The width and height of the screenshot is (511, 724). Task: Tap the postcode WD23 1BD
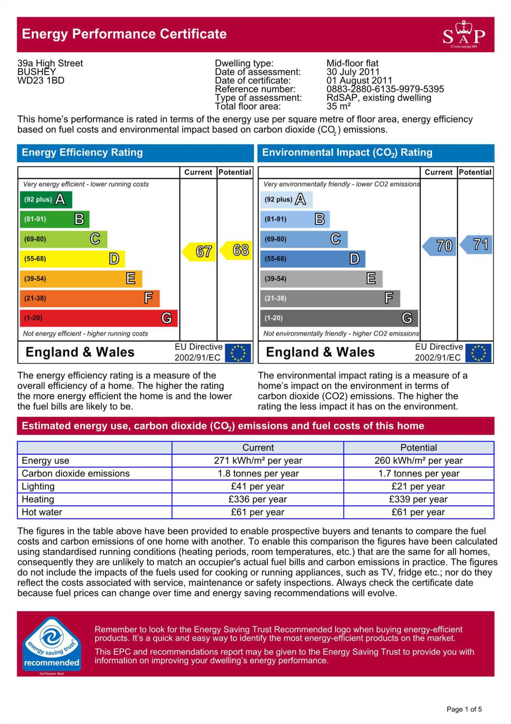tap(41, 81)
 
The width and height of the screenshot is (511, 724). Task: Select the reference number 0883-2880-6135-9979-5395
tap(385, 89)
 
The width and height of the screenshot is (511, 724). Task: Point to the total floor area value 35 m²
tap(339, 106)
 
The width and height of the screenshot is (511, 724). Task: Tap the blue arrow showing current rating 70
tap(440, 246)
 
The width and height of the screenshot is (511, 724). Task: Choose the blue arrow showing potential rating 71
tap(477, 244)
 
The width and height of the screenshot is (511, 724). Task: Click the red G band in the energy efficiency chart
tap(98, 318)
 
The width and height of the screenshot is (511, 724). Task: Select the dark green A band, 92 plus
tap(46, 199)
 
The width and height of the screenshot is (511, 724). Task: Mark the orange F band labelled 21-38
tap(89, 298)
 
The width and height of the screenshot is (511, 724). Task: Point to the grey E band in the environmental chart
tap(321, 279)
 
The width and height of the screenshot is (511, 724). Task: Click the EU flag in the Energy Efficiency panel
tap(238, 353)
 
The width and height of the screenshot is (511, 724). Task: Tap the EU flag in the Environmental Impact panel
tap(478, 353)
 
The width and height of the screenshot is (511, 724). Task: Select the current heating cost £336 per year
tap(258, 499)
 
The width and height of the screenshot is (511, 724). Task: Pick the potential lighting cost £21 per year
tap(418, 486)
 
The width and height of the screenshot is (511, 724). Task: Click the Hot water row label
tap(42, 512)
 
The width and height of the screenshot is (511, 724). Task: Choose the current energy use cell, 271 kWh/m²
tap(258, 460)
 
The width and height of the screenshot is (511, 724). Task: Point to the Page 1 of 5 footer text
tap(464, 709)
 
